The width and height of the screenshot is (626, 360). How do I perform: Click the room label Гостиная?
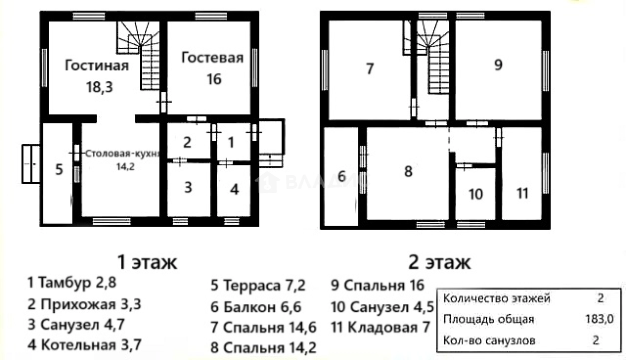pos(97,65)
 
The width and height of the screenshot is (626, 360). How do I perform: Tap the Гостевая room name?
pos(212,57)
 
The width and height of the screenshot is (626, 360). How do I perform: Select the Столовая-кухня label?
pos(122,153)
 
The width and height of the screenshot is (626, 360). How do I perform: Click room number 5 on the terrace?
pos(59,170)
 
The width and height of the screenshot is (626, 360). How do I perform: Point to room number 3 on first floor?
pos(188,187)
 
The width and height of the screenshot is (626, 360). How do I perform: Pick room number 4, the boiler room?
pos(234,189)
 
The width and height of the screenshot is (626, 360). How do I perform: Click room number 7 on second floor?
pos(369,69)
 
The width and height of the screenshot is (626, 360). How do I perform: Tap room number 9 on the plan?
pos(498,65)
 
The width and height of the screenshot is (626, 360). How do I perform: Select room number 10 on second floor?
pos(476,194)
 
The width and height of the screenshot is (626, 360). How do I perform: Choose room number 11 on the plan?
pos(522,193)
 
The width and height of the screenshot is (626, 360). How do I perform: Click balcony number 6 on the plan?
pos(341,176)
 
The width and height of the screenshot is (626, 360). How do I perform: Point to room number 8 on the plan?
pos(408,172)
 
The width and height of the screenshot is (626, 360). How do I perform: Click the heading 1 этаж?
pos(147,262)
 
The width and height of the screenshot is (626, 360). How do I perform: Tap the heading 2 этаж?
pos(439,262)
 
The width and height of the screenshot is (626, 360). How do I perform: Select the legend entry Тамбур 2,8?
pos(72,283)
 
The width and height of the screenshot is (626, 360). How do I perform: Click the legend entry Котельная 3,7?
pos(84,345)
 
